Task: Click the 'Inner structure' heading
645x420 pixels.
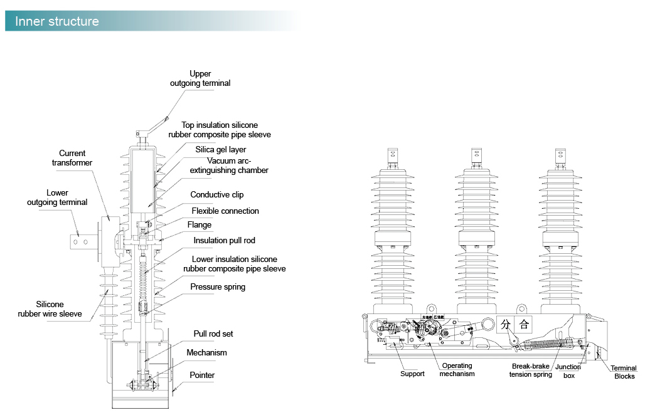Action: click(57, 21)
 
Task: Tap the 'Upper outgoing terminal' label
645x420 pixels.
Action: click(200, 78)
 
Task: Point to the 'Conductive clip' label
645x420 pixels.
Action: click(217, 195)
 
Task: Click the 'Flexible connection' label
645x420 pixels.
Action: click(225, 211)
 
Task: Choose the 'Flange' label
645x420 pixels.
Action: click(200, 225)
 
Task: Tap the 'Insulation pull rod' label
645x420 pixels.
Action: click(224, 241)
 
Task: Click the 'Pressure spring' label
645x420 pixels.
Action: click(218, 287)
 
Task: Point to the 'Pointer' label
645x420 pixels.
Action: click(202, 375)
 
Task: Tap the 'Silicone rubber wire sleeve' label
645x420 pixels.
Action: click(50, 309)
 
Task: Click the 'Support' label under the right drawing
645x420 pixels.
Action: click(412, 374)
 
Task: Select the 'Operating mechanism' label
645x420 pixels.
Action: click(457, 370)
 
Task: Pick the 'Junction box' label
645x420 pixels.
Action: click(568, 372)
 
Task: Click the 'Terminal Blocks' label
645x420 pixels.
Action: click(624, 372)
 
